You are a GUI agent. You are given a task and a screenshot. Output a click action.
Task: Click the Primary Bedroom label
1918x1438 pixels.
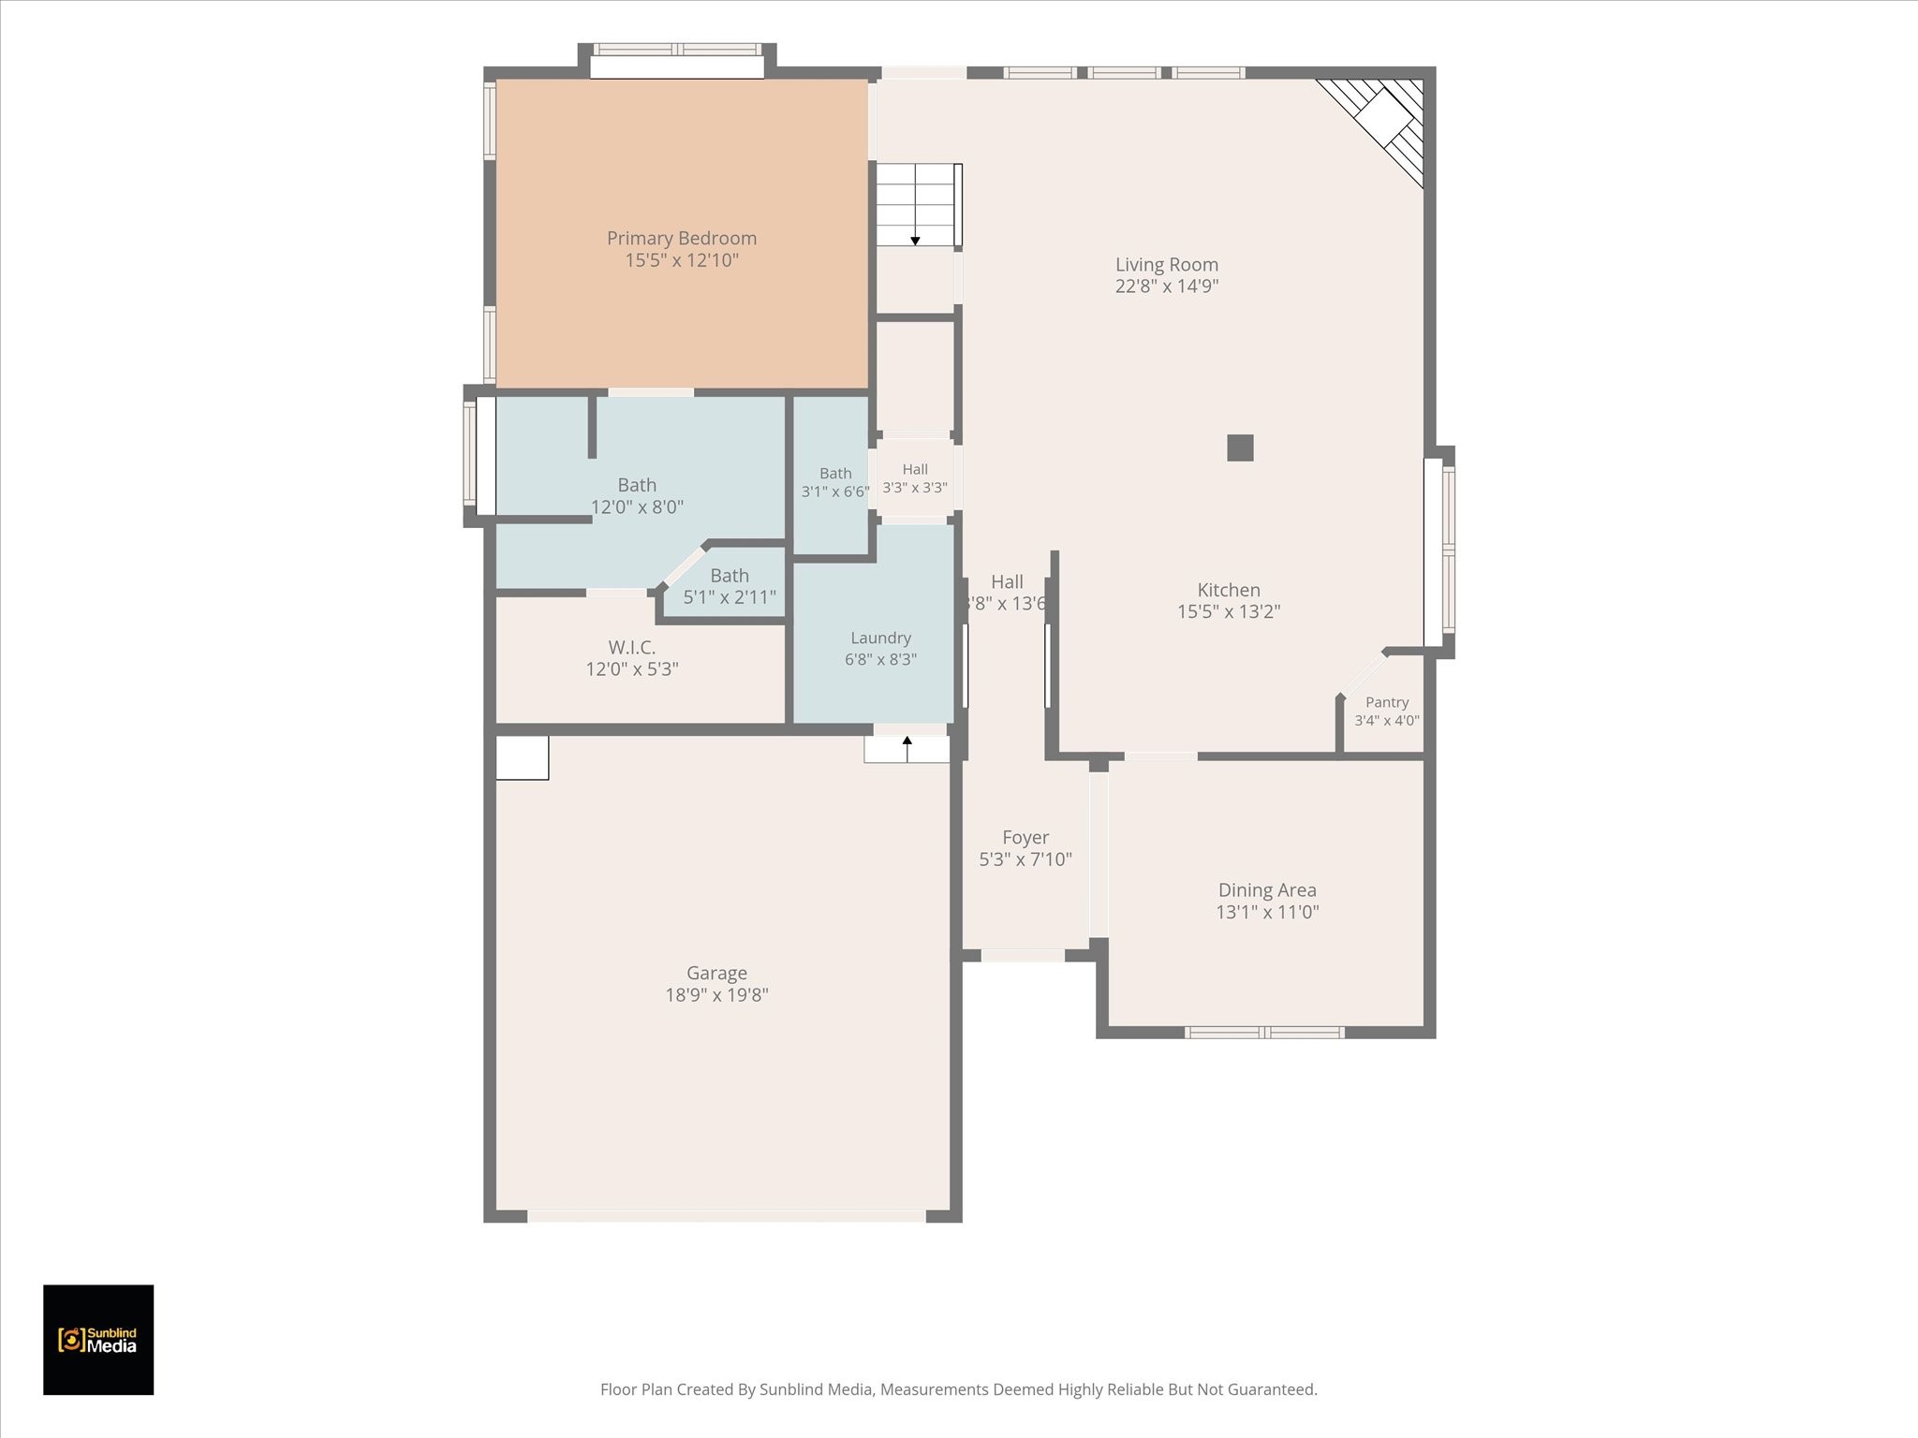(682, 239)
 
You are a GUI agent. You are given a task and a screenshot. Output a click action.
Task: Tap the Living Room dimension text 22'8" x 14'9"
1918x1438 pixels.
(1167, 286)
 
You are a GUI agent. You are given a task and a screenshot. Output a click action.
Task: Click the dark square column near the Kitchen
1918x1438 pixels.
(1240, 448)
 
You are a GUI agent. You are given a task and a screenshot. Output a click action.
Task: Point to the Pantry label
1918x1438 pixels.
(1387, 702)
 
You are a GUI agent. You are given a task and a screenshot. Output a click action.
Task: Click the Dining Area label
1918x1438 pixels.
(1267, 890)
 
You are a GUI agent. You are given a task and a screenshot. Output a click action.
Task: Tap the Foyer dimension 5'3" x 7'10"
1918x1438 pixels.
(1025, 859)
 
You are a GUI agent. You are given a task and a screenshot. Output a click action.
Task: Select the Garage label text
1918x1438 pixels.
(716, 974)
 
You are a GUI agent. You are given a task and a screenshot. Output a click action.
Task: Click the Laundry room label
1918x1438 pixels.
(880, 638)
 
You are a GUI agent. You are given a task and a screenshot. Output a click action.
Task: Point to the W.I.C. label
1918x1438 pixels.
(632, 647)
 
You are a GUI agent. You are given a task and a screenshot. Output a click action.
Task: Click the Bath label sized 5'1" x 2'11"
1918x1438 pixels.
(730, 576)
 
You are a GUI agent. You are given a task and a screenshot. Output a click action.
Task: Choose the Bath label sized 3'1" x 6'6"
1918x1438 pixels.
(835, 474)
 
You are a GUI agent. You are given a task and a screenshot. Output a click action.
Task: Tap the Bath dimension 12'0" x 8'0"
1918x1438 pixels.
(637, 507)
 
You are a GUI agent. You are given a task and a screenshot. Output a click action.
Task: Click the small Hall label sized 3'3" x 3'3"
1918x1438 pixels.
(915, 470)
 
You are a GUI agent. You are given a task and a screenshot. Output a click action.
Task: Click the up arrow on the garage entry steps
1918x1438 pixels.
(907, 748)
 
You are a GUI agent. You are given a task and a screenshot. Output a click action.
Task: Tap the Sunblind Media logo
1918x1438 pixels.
(98, 1340)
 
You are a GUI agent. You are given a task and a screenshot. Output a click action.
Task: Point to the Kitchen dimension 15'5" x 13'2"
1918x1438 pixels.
(1229, 612)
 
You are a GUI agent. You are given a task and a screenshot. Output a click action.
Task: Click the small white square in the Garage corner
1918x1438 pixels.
(522, 757)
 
